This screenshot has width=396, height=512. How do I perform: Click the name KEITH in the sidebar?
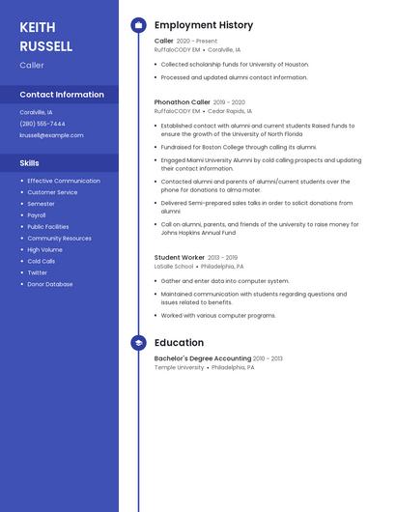click(38, 27)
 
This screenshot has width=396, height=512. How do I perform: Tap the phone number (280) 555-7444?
click(42, 124)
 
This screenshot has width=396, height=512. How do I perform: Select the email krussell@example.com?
click(51, 135)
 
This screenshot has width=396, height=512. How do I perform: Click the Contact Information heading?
click(62, 95)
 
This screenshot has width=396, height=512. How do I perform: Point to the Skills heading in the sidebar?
click(30, 163)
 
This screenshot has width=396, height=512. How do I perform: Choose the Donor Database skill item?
click(49, 284)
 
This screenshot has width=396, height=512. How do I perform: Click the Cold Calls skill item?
click(41, 261)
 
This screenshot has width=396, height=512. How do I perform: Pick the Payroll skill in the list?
click(37, 215)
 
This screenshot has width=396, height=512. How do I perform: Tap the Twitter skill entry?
click(37, 272)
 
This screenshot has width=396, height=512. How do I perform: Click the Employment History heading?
click(204, 25)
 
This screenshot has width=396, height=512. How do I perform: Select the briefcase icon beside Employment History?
click(138, 25)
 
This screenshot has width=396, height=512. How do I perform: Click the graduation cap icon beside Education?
click(138, 343)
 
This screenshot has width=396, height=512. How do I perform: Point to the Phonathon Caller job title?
click(182, 101)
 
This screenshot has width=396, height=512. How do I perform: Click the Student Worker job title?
click(180, 258)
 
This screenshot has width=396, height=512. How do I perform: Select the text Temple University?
click(179, 368)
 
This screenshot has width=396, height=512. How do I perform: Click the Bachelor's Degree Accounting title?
click(203, 358)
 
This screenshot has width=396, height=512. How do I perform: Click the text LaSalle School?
click(174, 267)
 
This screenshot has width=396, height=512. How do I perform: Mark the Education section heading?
click(179, 343)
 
